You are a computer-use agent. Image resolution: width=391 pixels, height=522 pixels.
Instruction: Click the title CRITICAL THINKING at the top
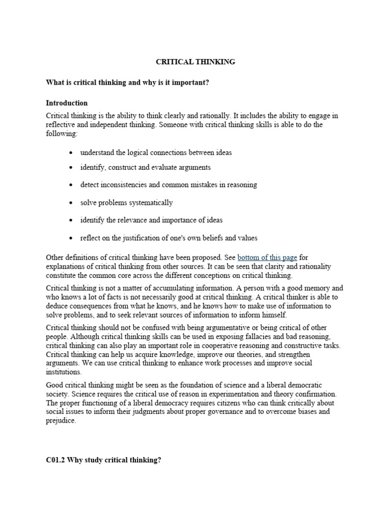(195, 62)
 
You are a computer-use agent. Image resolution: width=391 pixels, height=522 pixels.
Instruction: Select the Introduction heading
(67, 103)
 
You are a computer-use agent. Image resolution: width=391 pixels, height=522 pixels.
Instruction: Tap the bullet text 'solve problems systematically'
(126, 202)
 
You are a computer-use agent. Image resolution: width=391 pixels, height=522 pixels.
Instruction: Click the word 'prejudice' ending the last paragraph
(61, 421)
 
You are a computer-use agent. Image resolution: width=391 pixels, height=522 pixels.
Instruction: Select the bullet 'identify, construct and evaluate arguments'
(145, 167)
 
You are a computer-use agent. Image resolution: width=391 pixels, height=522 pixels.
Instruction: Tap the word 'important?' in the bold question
(192, 83)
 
